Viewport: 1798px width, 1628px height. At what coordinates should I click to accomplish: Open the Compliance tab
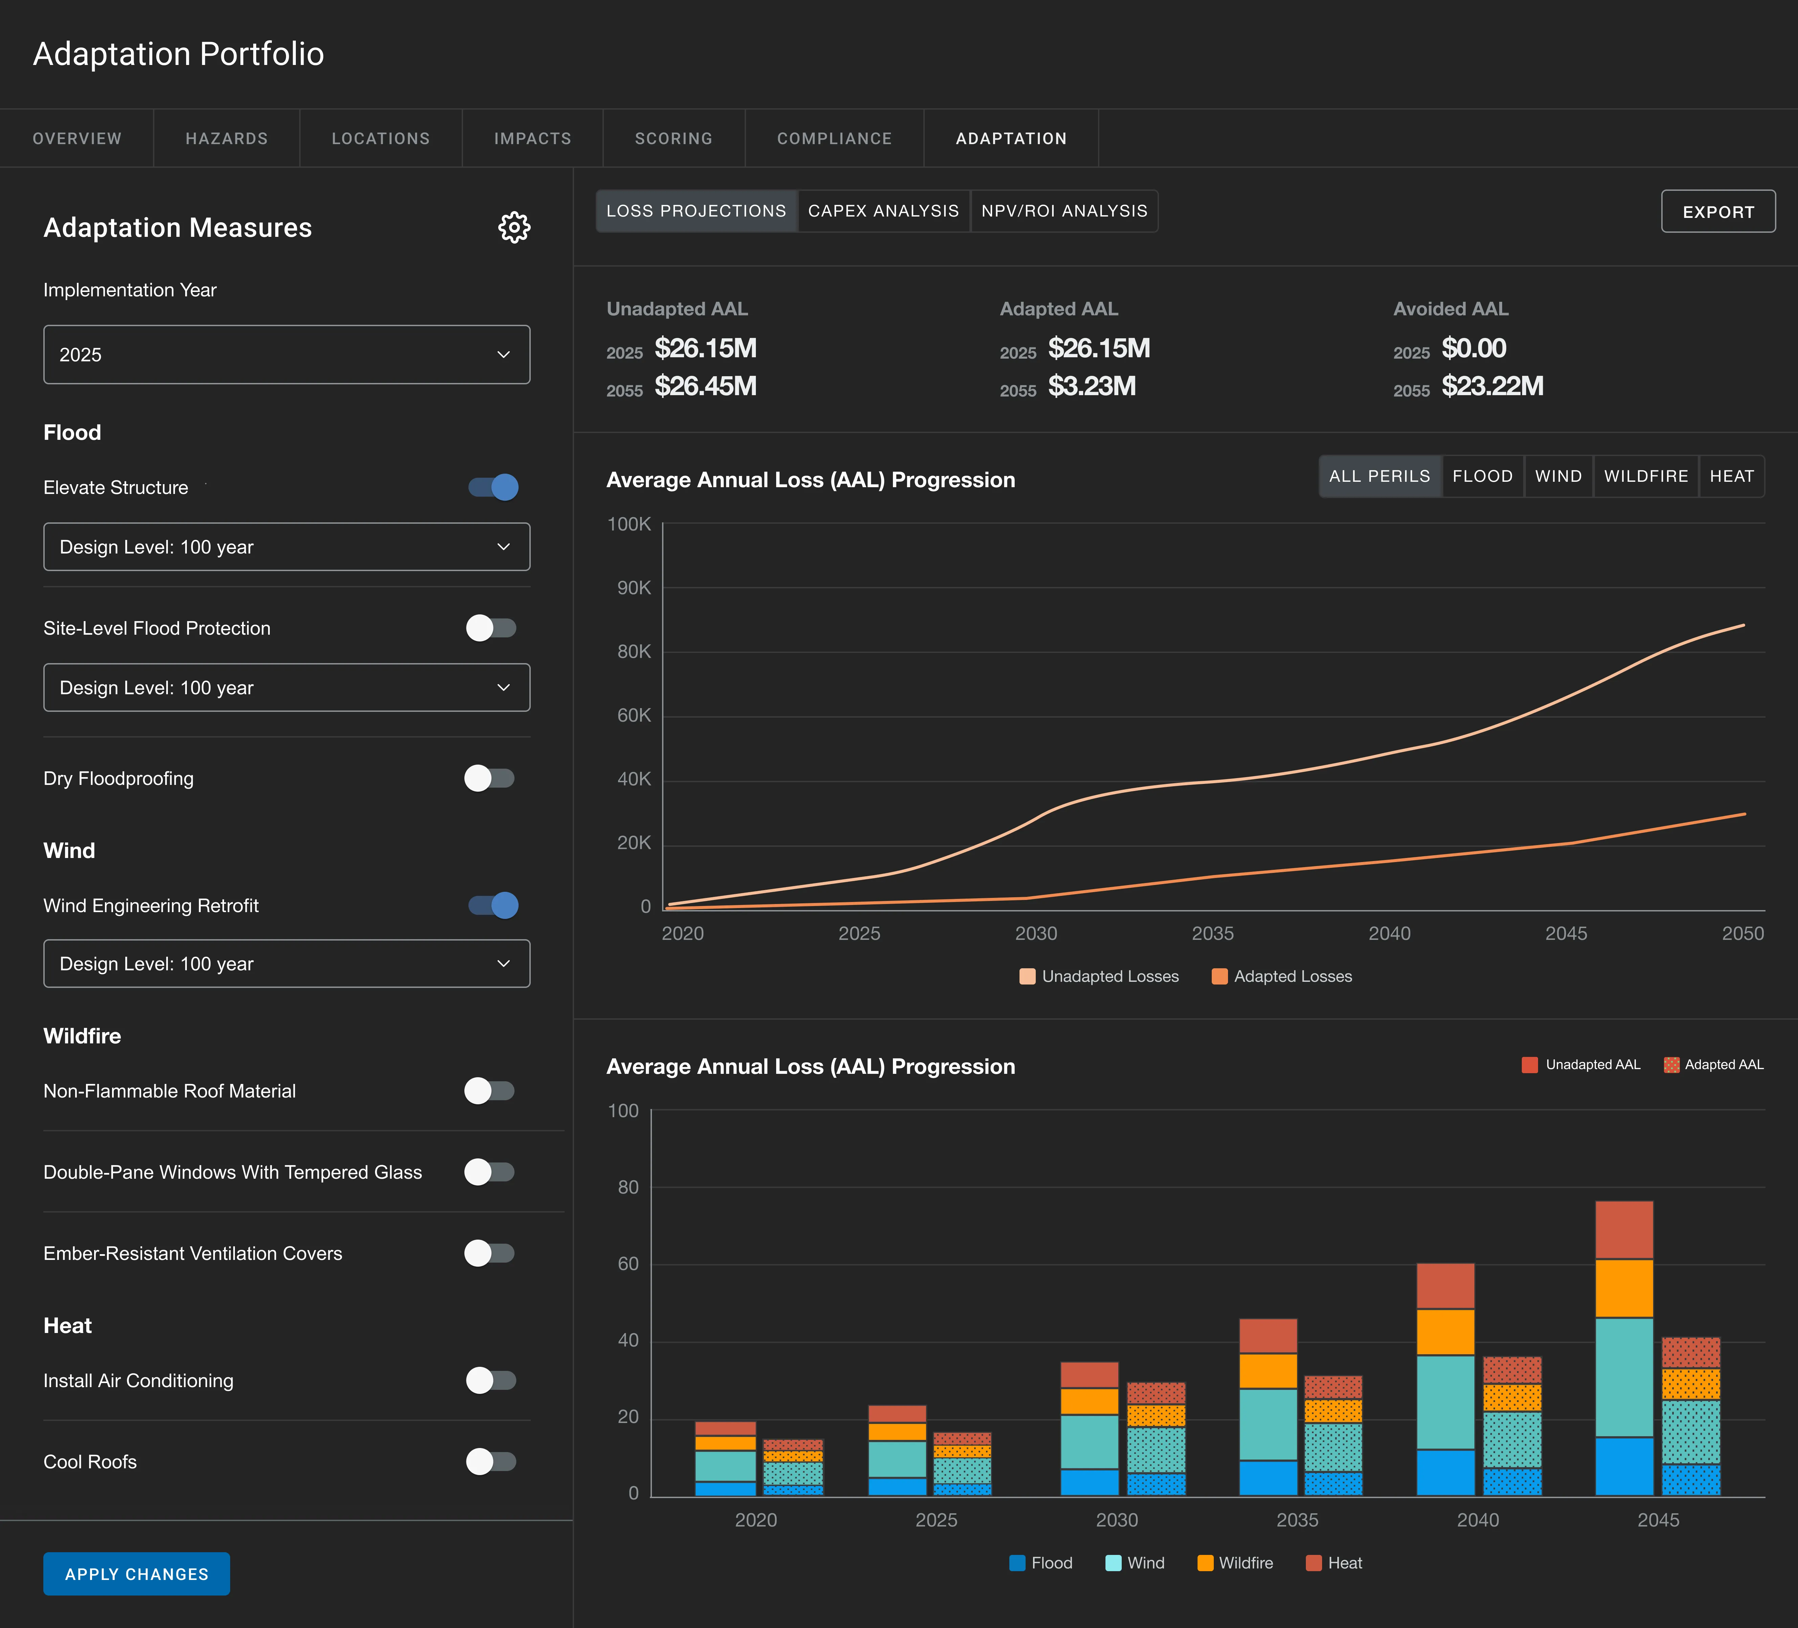coord(834,138)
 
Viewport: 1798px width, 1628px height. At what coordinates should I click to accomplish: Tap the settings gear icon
coord(514,227)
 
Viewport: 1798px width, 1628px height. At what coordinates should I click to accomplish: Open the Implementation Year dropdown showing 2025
coord(286,355)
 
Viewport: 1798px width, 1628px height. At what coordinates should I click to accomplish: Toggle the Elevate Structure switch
coord(493,487)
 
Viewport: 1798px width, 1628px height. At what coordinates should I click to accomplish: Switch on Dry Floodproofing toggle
coord(490,778)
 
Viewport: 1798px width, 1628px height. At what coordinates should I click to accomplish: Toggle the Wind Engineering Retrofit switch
coord(493,905)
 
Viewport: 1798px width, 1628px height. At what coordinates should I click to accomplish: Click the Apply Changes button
coord(136,1574)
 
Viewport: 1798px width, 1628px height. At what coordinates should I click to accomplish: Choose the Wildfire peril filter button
coord(1645,476)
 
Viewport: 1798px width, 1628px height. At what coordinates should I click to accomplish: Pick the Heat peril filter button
coord(1731,476)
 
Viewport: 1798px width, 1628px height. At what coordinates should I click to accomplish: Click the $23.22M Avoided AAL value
coord(1492,386)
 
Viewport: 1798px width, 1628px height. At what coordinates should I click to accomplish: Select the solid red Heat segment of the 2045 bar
coord(1623,1229)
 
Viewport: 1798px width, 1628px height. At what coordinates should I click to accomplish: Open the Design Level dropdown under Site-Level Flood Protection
coord(286,687)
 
